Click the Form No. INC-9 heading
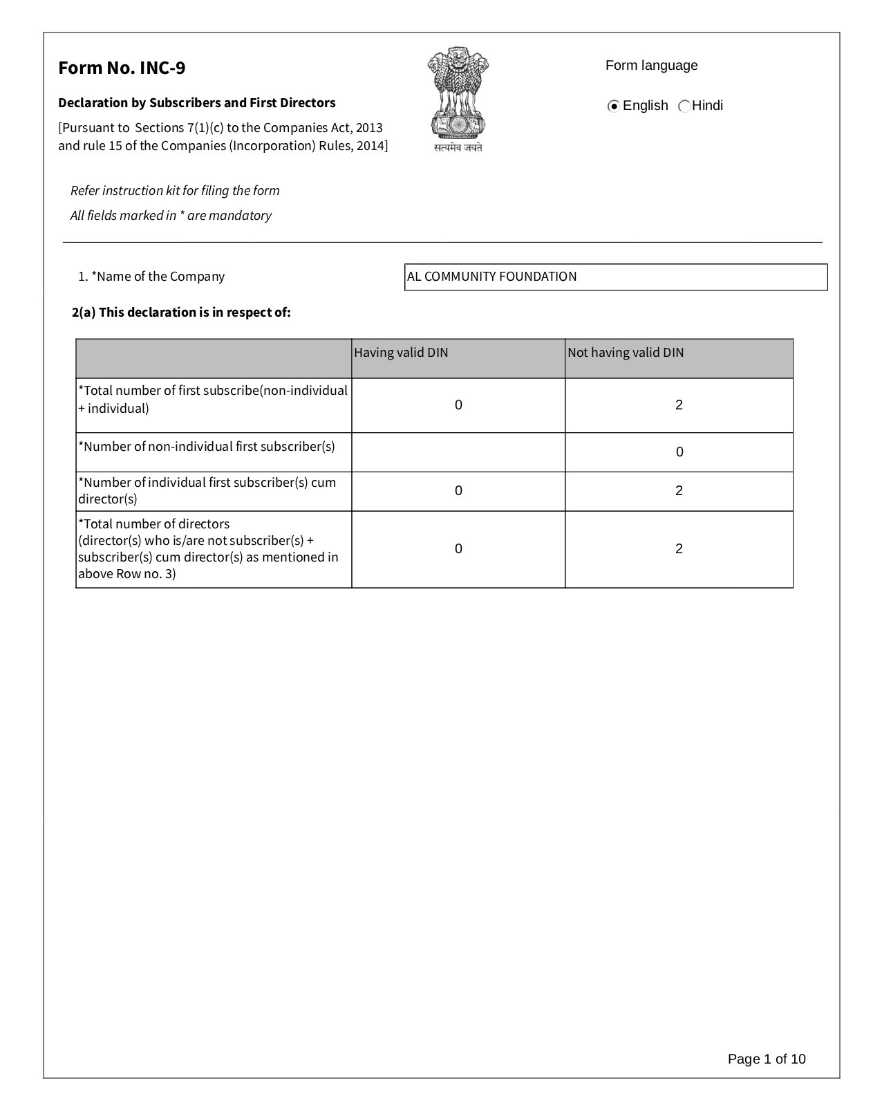[x=122, y=68]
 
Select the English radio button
[x=613, y=106]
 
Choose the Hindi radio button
[x=684, y=106]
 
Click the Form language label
[x=651, y=66]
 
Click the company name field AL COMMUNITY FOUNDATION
[x=615, y=277]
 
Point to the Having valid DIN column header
[x=401, y=353]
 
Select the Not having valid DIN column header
[x=626, y=353]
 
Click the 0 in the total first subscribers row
[x=458, y=405]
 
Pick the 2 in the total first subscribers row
[x=679, y=405]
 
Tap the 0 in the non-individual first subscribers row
[x=679, y=452]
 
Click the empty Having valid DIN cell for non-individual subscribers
[x=458, y=452]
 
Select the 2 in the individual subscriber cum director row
[x=679, y=491]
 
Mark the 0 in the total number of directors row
[x=458, y=549]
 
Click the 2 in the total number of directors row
[x=679, y=549]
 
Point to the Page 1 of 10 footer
[x=767, y=1059]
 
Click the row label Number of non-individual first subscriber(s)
[x=207, y=446]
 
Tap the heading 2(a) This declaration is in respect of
[x=181, y=313]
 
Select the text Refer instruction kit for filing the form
[x=175, y=191]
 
